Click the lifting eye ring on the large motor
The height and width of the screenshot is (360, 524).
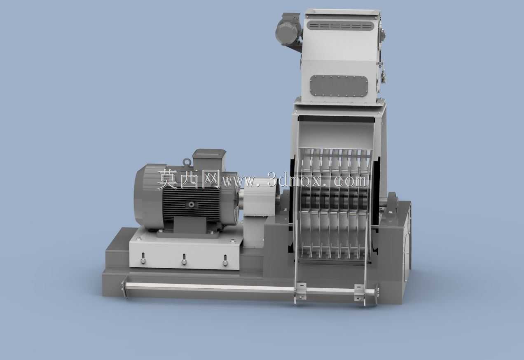[187, 162]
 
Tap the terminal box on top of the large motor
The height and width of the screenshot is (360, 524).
[209, 159]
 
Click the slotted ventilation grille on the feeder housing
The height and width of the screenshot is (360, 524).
[340, 25]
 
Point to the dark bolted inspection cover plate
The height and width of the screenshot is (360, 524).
[339, 86]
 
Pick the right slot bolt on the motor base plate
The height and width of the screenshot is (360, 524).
[225, 261]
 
